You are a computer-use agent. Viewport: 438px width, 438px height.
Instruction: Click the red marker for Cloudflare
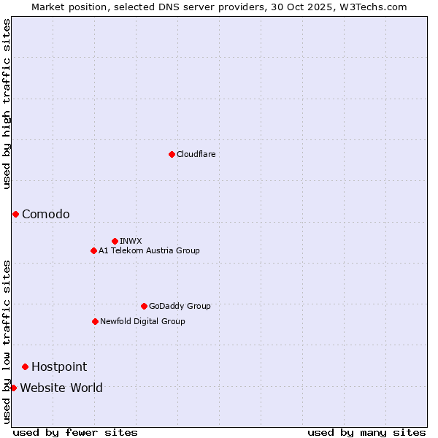tap(172, 154)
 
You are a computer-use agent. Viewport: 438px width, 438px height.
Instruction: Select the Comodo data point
tap(15, 214)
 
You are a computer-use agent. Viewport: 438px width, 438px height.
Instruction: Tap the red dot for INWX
tap(115, 241)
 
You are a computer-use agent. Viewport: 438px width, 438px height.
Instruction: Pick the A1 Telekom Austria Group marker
tap(93, 250)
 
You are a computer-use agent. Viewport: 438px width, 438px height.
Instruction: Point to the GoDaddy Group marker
tap(144, 306)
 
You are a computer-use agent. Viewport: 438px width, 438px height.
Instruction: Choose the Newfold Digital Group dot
tap(95, 321)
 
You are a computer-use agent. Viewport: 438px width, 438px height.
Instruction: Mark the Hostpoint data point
tap(25, 366)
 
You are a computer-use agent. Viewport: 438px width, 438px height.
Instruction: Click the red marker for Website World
tap(13, 388)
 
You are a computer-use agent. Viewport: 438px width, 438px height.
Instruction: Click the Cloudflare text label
tap(196, 154)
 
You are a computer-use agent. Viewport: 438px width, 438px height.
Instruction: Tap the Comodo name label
tap(46, 214)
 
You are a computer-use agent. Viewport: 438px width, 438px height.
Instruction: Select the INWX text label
tap(131, 241)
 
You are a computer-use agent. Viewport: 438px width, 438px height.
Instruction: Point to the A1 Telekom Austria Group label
tap(149, 250)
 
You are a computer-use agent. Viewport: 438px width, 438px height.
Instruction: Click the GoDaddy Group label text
tap(180, 306)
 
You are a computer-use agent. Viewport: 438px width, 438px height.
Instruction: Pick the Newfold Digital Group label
tap(142, 321)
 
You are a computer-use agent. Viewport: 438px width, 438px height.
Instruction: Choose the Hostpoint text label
tap(59, 366)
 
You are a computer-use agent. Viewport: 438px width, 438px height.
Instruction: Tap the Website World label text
tap(61, 388)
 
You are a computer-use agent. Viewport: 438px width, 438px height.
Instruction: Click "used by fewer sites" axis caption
tap(75, 432)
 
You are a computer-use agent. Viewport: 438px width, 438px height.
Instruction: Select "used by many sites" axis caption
tap(366, 432)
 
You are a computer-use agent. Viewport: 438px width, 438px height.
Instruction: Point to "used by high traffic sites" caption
tap(7, 104)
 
